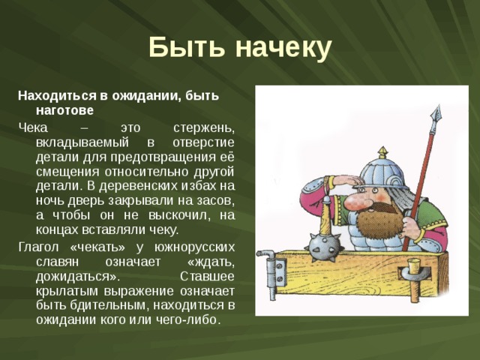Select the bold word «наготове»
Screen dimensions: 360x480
[x=64, y=110]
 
